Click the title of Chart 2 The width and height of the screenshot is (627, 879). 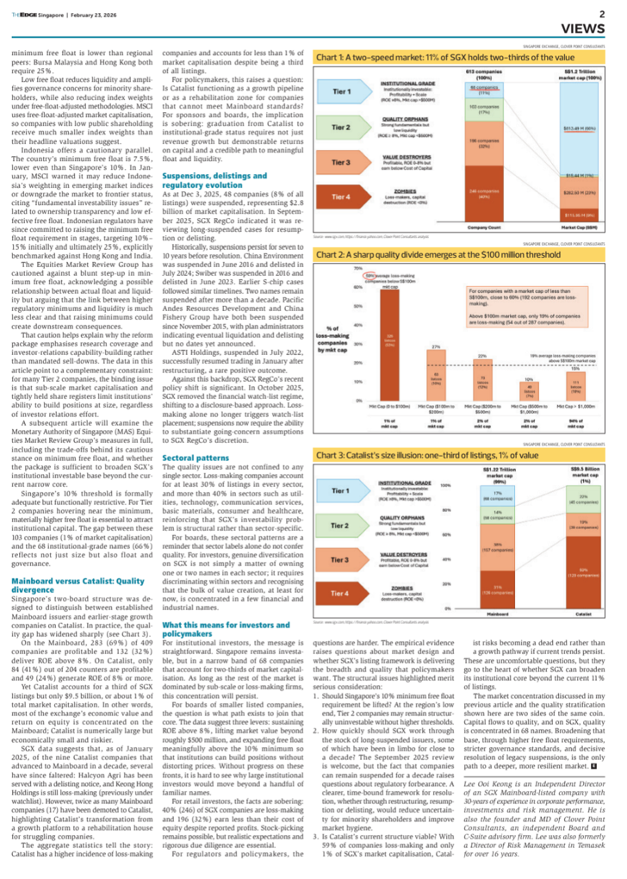pyautogui.click(x=423, y=256)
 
